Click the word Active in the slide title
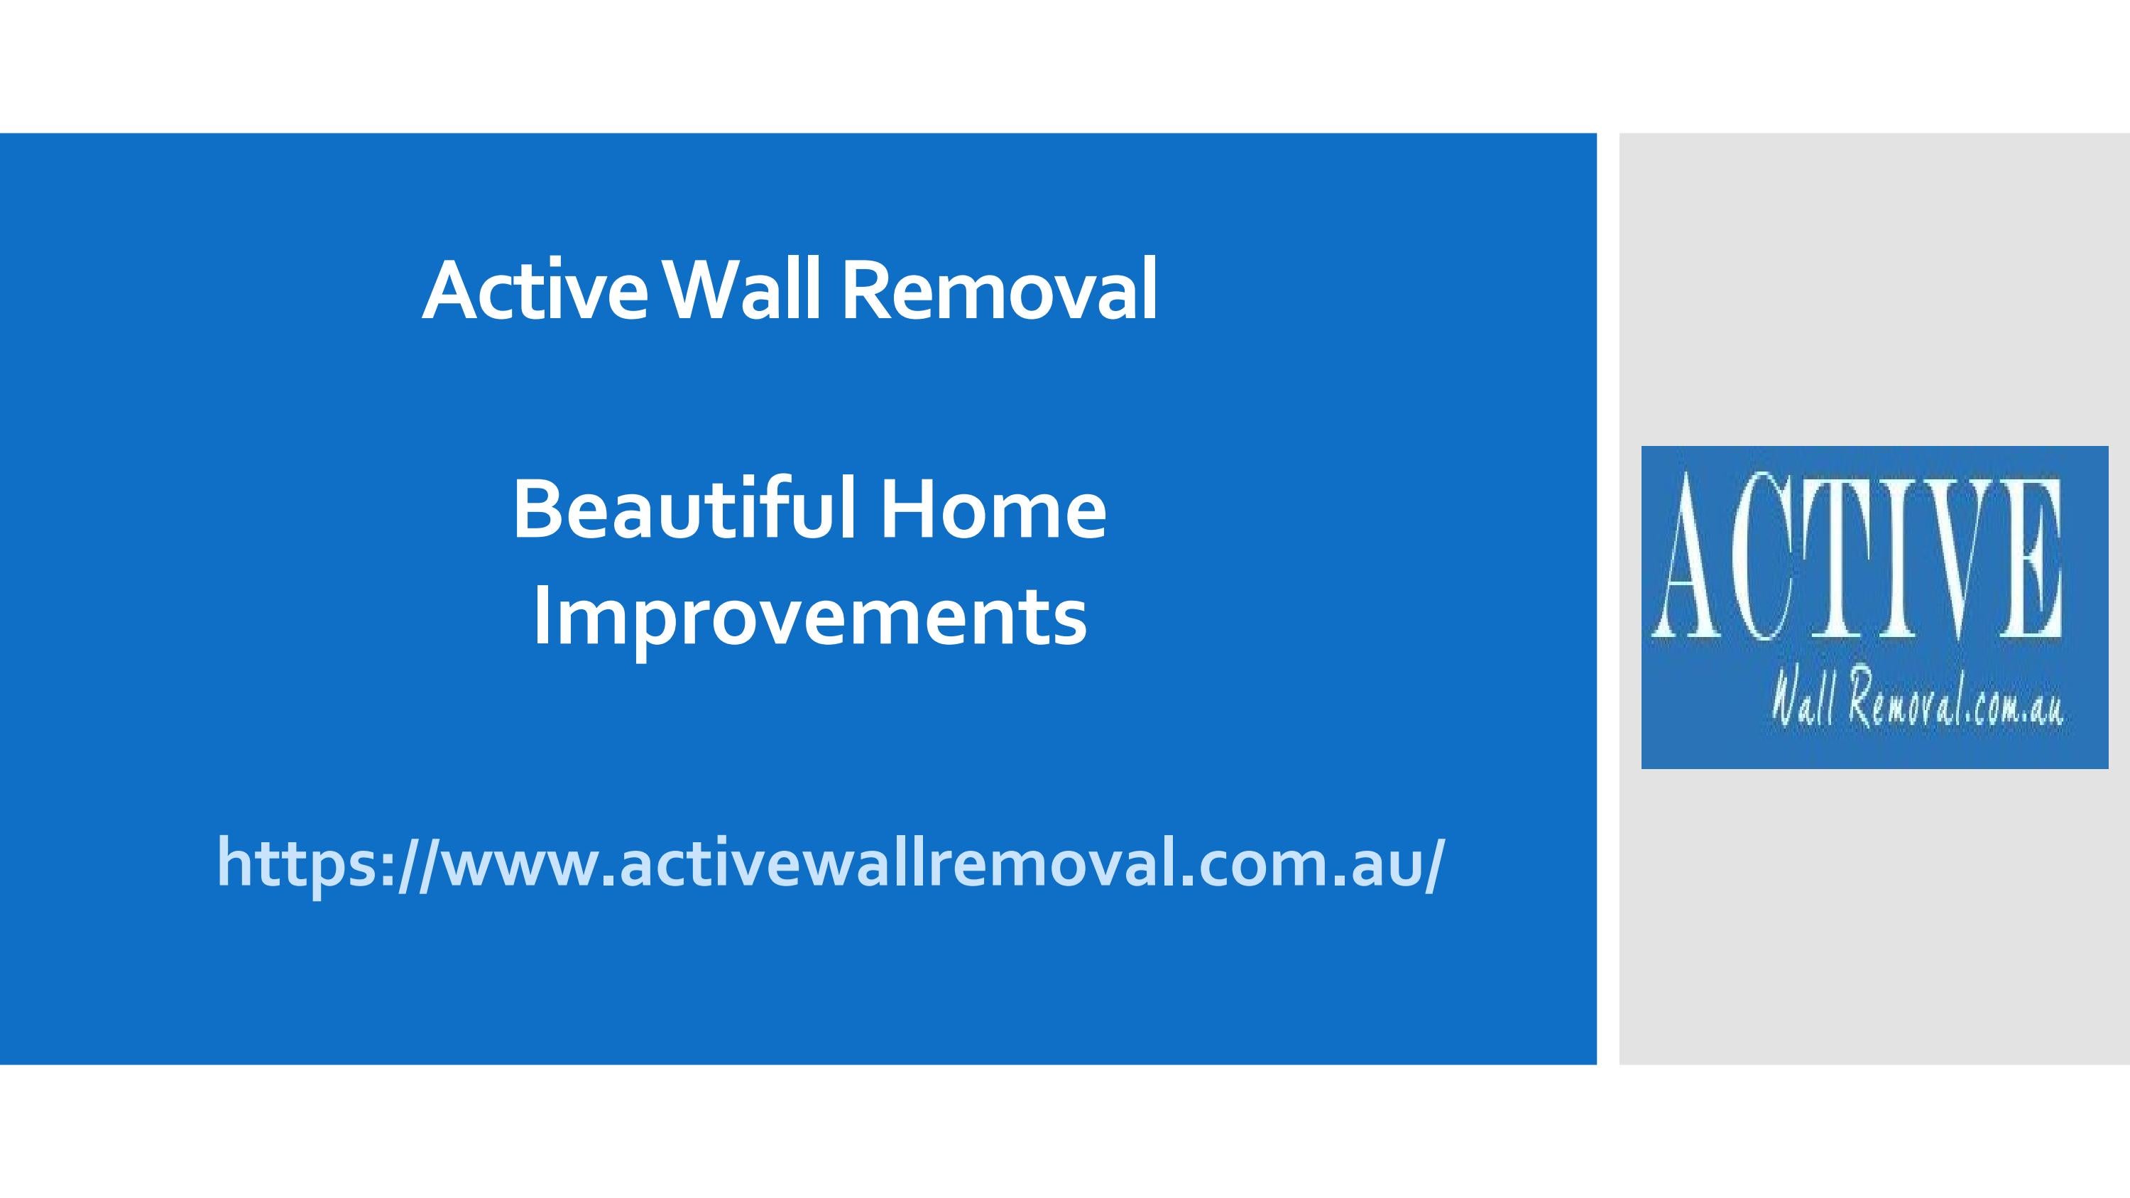(x=537, y=292)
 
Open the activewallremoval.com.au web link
(x=831, y=863)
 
